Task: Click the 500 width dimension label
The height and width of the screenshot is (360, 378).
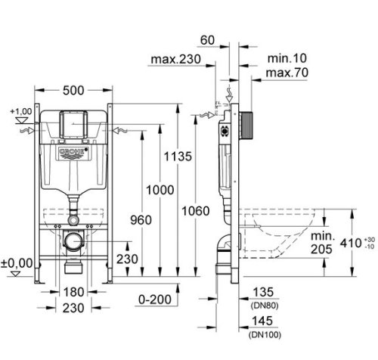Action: click(73, 91)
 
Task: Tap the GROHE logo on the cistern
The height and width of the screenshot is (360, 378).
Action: click(73, 152)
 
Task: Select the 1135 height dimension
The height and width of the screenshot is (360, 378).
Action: click(178, 157)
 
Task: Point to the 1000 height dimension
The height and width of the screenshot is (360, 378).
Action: click(160, 190)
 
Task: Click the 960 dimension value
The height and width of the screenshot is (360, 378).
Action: click(141, 220)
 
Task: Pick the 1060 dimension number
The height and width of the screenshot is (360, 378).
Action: click(196, 211)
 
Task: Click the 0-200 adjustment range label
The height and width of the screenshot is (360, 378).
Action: click(155, 299)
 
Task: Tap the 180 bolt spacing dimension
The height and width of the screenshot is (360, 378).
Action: click(73, 292)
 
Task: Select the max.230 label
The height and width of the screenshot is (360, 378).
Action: click(175, 59)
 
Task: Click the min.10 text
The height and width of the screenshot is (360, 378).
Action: click(287, 58)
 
